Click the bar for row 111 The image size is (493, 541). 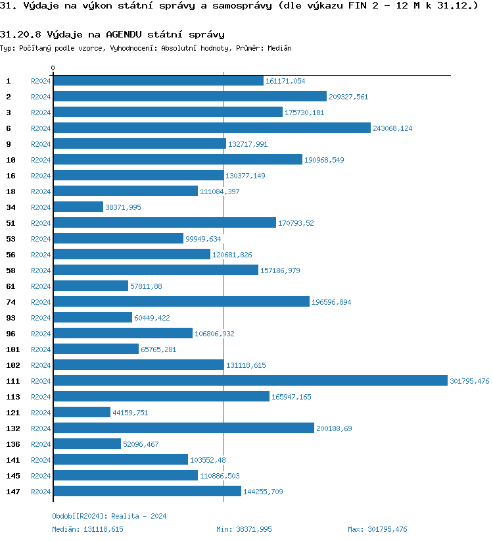tap(250, 380)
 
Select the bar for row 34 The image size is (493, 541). tap(78, 207)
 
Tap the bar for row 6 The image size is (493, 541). tap(212, 128)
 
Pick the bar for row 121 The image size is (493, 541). tap(82, 412)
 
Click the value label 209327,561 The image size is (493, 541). tap(348, 97)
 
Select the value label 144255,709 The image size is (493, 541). tap(263, 492)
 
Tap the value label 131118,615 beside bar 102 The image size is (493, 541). tap(246, 365)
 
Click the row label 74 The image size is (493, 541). tap(11, 302)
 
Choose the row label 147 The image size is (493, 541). tap(12, 492)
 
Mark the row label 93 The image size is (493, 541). tap(11, 318)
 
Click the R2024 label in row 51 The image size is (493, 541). tap(41, 223)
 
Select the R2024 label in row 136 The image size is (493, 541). tap(41, 444)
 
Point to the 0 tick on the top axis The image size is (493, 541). tap(53, 68)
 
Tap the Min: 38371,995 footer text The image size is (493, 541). tap(244, 529)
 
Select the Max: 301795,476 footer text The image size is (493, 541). tap(377, 529)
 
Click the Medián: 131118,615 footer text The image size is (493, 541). tap(87, 529)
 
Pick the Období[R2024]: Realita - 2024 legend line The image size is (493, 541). tap(109, 516)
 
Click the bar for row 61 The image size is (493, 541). tap(91, 286)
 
